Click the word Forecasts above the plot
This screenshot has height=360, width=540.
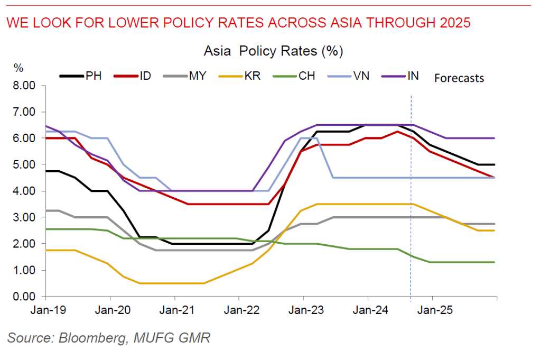pyautogui.click(x=459, y=78)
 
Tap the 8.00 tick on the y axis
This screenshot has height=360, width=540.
pyautogui.click(x=24, y=86)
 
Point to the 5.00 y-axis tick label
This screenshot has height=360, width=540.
pyautogui.click(x=24, y=164)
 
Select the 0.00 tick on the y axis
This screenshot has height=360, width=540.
pyautogui.click(x=24, y=297)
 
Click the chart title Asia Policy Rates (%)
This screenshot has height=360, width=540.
pyautogui.click(x=274, y=51)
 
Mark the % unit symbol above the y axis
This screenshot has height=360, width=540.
pyautogui.click(x=18, y=68)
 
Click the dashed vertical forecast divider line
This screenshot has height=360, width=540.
pyautogui.click(x=411, y=211)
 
